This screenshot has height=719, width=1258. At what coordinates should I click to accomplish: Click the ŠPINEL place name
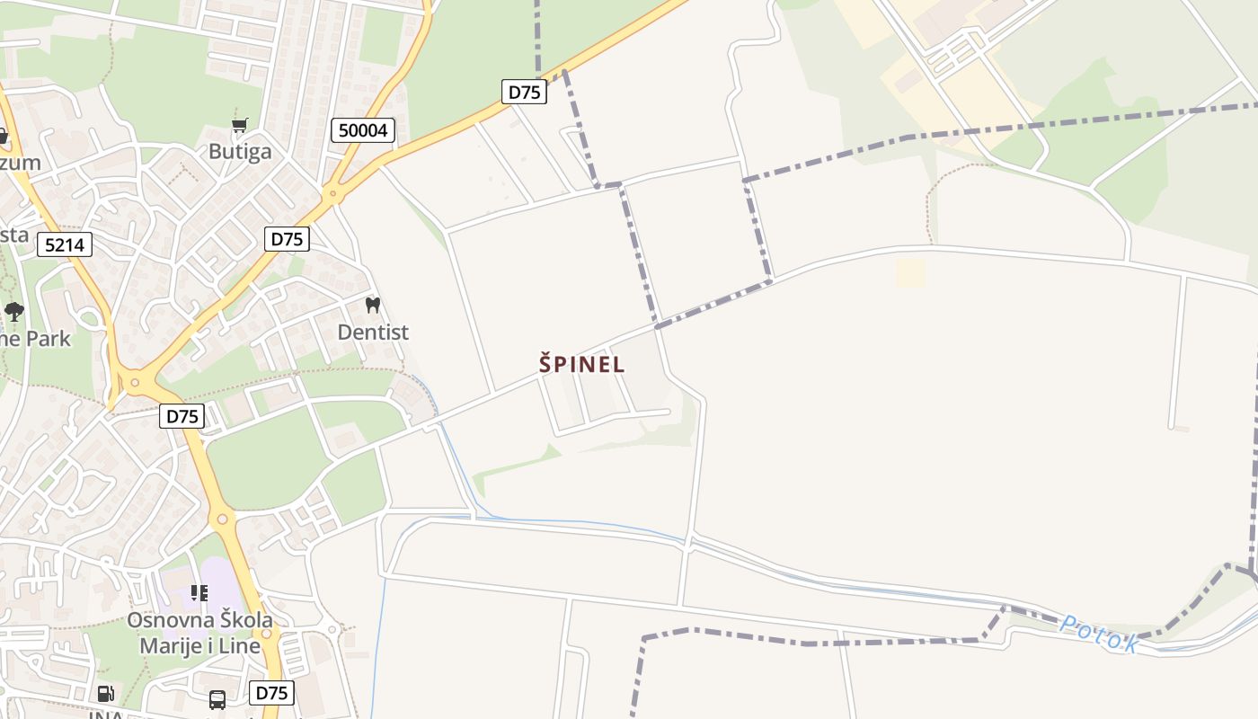click(581, 364)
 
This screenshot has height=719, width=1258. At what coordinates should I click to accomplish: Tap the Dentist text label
click(372, 332)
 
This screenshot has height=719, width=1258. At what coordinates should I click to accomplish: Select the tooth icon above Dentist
click(372, 306)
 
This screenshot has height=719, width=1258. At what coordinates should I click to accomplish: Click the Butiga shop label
click(239, 151)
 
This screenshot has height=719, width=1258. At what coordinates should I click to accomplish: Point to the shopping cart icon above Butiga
click(239, 126)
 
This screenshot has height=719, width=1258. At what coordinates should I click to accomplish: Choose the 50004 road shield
click(363, 130)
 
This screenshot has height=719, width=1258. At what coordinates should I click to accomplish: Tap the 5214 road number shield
click(65, 244)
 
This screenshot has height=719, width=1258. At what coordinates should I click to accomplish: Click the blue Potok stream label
click(1099, 633)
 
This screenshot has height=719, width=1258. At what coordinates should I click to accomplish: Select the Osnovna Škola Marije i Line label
click(199, 633)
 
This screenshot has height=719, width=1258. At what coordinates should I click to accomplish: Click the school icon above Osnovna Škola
click(199, 593)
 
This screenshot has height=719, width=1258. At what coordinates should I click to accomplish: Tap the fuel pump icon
click(105, 693)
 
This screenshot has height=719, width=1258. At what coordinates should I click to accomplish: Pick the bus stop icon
click(217, 699)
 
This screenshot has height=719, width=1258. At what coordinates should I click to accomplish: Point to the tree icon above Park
click(13, 312)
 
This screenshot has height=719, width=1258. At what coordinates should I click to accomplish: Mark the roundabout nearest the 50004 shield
click(332, 192)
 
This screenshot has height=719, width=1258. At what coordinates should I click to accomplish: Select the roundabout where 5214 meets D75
click(136, 384)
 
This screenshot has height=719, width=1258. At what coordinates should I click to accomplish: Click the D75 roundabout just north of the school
click(222, 519)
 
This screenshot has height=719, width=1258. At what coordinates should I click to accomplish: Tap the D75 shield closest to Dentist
click(287, 239)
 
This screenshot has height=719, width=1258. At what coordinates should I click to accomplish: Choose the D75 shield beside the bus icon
click(271, 693)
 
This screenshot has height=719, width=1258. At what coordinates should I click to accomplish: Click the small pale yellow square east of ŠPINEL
click(910, 272)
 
